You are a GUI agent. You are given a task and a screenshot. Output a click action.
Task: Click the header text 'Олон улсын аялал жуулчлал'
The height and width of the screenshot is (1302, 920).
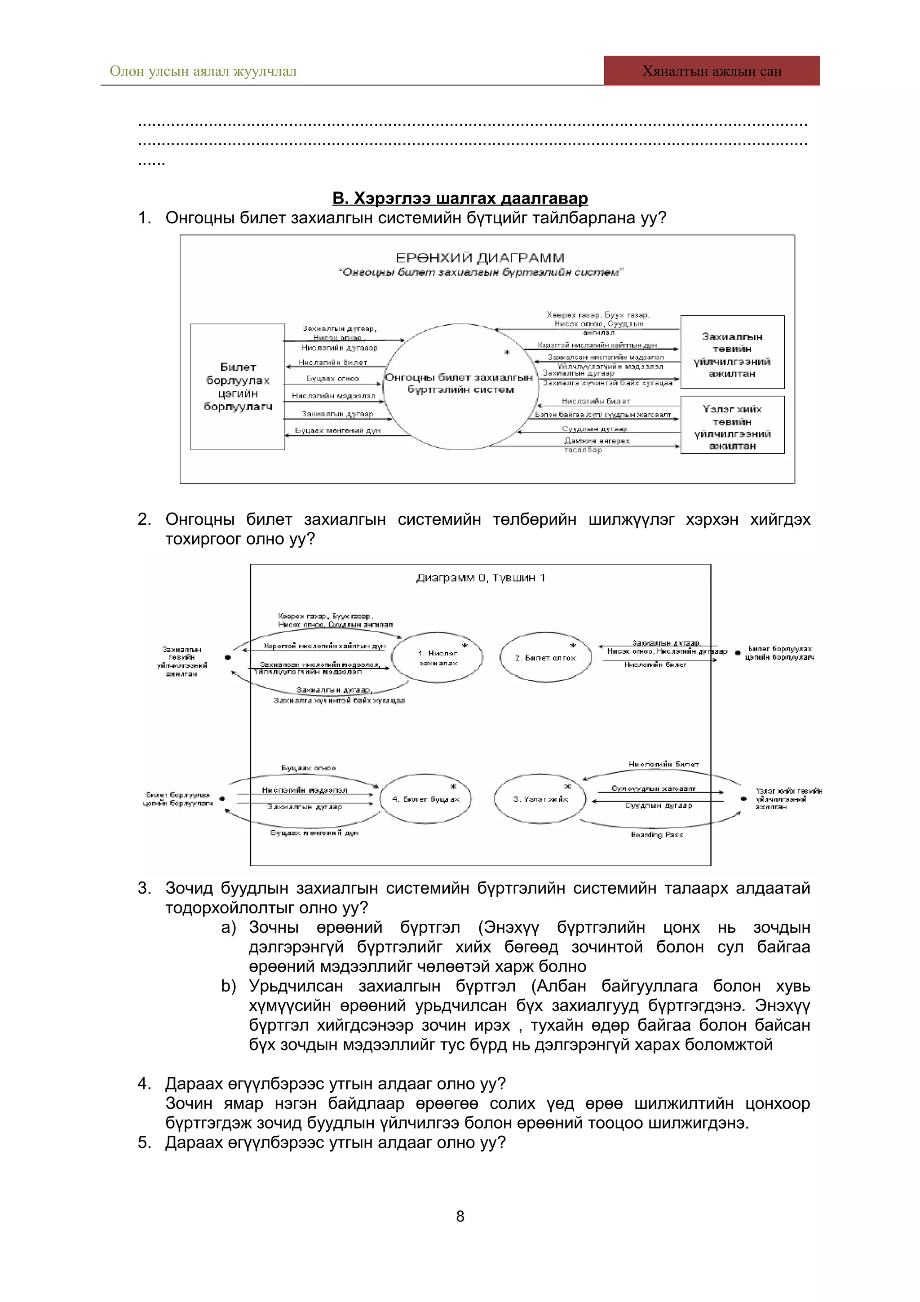tap(203, 71)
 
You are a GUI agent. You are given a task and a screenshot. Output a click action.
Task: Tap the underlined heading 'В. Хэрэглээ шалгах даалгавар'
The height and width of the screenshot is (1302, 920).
tap(460, 198)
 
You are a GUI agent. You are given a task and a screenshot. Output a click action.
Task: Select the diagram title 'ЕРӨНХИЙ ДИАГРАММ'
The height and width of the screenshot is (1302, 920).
tap(480, 258)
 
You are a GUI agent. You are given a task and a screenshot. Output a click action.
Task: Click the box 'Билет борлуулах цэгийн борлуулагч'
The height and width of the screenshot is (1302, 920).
tap(238, 387)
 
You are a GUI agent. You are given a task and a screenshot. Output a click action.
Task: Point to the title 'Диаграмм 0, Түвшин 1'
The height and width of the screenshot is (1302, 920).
tap(480, 578)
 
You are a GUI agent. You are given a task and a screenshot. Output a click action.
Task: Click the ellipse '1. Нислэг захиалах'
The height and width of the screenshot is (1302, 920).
tap(437, 658)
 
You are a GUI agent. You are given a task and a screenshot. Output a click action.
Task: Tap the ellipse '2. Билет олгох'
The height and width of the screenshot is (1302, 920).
tap(545, 658)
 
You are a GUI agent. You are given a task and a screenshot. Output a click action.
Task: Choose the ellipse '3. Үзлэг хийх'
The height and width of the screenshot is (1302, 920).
tap(540, 798)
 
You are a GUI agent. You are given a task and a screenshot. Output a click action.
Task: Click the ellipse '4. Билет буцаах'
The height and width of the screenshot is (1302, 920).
tap(426, 798)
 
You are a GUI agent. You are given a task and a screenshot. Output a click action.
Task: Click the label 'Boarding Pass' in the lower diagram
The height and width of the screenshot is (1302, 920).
tap(656, 835)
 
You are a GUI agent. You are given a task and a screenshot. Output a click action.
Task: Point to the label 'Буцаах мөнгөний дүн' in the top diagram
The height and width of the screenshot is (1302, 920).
tap(337, 430)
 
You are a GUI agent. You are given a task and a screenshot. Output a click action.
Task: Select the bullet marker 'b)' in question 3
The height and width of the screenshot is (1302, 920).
tap(229, 986)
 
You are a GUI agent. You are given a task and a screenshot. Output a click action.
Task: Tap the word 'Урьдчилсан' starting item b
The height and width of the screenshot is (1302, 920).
tap(296, 986)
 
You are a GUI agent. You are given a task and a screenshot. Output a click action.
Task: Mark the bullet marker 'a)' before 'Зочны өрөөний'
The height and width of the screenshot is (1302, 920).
tap(229, 928)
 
